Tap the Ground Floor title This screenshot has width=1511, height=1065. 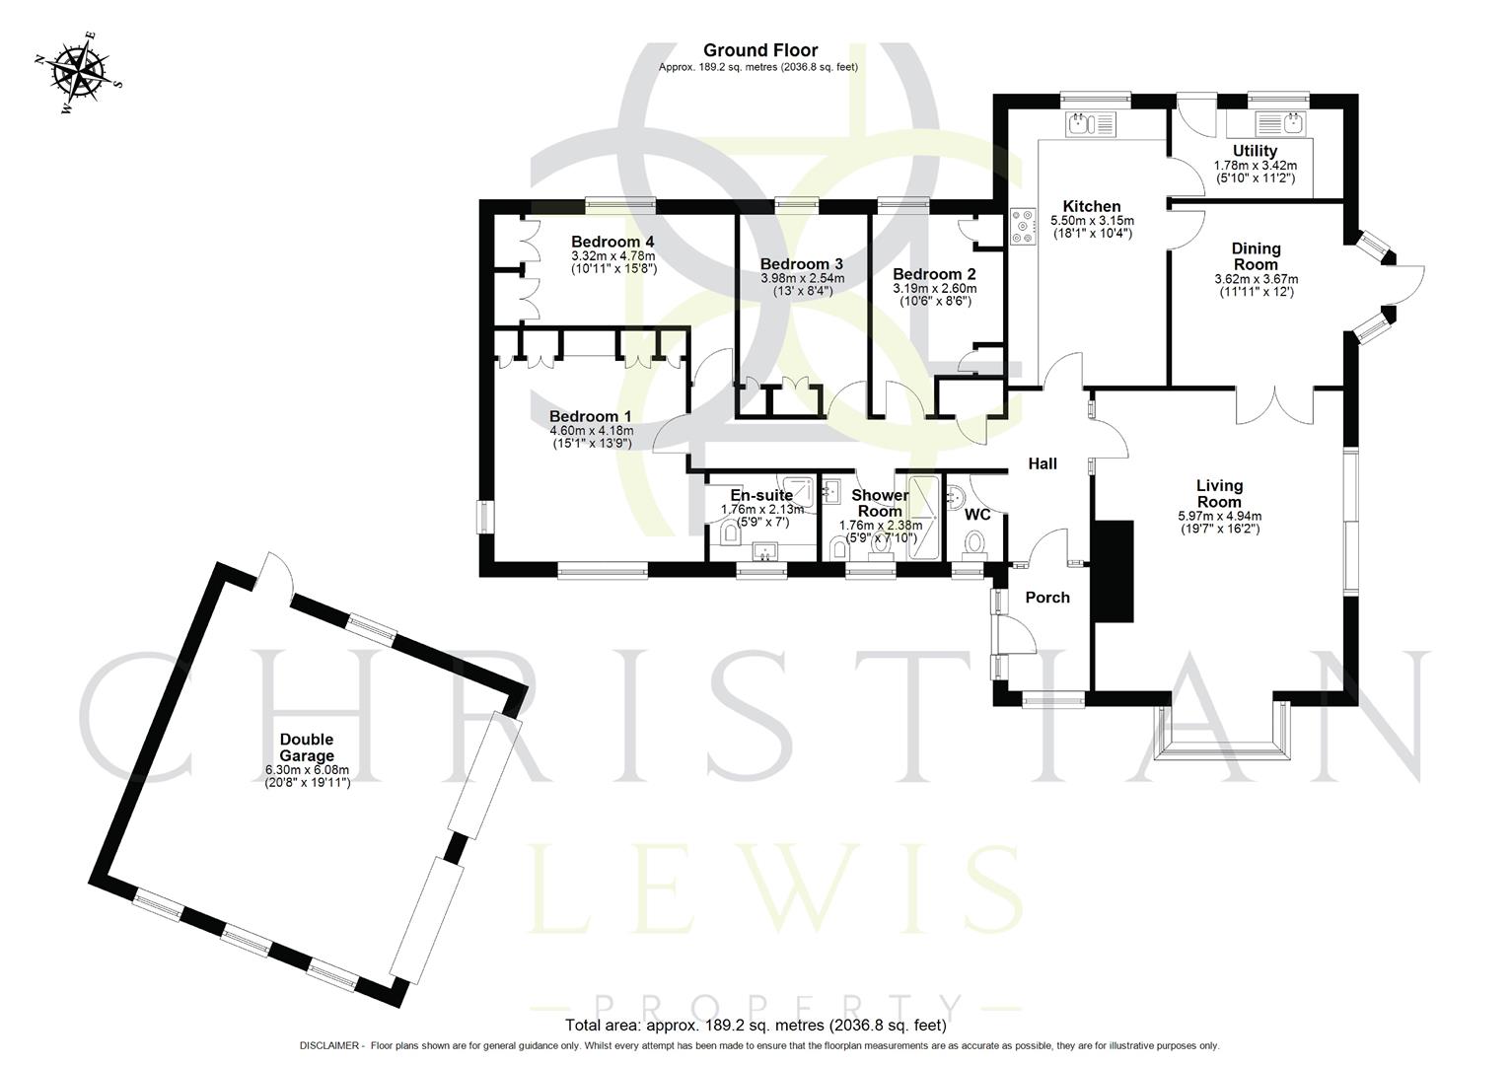759,50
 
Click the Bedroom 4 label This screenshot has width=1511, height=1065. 612,242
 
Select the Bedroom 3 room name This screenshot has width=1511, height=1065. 801,264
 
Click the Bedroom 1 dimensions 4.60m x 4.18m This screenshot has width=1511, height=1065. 591,431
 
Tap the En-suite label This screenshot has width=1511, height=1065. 760,495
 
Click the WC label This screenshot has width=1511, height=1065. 977,515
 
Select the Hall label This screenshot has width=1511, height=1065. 1043,463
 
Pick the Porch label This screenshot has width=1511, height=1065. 1047,598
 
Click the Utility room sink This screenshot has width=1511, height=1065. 1279,124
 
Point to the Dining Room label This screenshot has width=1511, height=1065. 1256,256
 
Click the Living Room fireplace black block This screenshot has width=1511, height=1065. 1113,570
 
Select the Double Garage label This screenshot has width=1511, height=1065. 307,747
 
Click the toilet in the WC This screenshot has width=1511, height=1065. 974,544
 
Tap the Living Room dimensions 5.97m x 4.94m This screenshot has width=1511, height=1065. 1219,516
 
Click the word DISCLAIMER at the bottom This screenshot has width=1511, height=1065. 331,1045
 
